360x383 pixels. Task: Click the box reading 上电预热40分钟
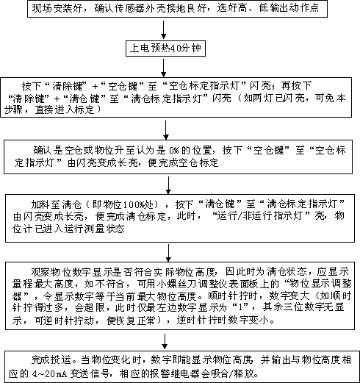[x=165, y=49]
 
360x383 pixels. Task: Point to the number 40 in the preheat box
[x=176, y=49]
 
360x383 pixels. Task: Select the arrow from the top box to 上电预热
[x=164, y=29]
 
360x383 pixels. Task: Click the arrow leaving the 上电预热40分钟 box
[x=164, y=68]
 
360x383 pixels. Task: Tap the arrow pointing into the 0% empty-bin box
[x=166, y=130]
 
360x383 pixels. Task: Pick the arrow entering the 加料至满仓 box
[x=168, y=185]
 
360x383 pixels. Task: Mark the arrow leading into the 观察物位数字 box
[x=168, y=253]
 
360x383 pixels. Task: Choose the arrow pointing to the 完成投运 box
[x=165, y=341]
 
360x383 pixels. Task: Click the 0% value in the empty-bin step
[x=174, y=150]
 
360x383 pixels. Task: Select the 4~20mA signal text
[x=50, y=374]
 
